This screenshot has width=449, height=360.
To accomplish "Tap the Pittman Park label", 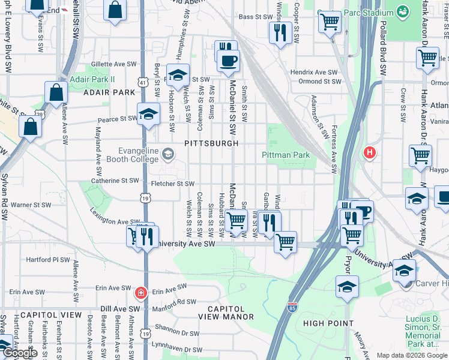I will click(286, 155).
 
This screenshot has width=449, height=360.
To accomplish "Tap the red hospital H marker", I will click(369, 152).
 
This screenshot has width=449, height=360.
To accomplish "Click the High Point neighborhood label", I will click(328, 323).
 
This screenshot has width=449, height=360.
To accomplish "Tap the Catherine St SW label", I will click(115, 181).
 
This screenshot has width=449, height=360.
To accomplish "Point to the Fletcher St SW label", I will click(173, 184).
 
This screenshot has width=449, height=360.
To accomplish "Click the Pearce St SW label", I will click(117, 119).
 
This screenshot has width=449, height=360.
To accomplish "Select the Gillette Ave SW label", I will click(114, 64).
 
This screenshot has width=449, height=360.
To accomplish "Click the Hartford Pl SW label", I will click(49, 260).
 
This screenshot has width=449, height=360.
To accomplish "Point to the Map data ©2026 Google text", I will click(411, 355).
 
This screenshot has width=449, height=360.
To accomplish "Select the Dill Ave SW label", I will click(120, 308).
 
